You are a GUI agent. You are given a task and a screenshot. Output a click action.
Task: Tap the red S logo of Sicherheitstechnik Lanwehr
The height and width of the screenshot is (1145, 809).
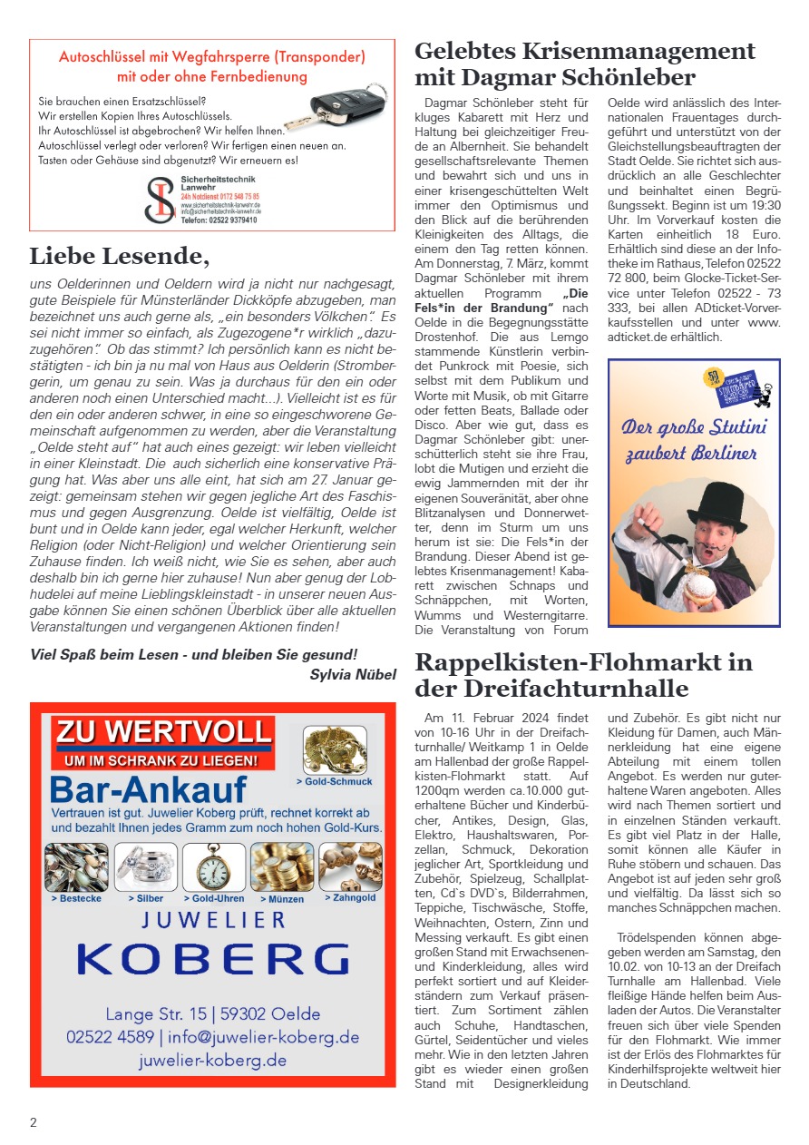[160, 200]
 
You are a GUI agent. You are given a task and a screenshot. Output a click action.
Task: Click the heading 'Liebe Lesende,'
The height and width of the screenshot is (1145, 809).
[119, 257]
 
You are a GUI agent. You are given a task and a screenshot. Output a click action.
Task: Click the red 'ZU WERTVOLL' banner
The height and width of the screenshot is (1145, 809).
[164, 731]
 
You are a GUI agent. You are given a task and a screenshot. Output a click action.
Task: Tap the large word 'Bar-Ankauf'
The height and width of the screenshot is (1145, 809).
[149, 788]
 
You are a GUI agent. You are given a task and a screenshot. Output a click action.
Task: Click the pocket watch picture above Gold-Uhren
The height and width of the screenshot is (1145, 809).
[214, 867]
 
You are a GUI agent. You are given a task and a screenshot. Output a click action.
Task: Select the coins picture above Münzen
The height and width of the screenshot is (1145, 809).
[282, 867]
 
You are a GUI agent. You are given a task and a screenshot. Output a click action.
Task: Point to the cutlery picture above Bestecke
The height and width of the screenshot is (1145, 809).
[76, 867]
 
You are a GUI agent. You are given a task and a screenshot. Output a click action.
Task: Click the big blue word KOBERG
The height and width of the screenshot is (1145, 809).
[212, 960]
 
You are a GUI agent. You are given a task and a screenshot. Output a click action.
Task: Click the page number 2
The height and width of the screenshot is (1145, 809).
[34, 1122]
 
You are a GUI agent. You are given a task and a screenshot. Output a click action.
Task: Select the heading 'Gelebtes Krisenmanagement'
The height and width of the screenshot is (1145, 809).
[584, 51]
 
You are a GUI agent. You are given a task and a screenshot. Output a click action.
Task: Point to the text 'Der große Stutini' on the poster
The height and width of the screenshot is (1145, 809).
[694, 426]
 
